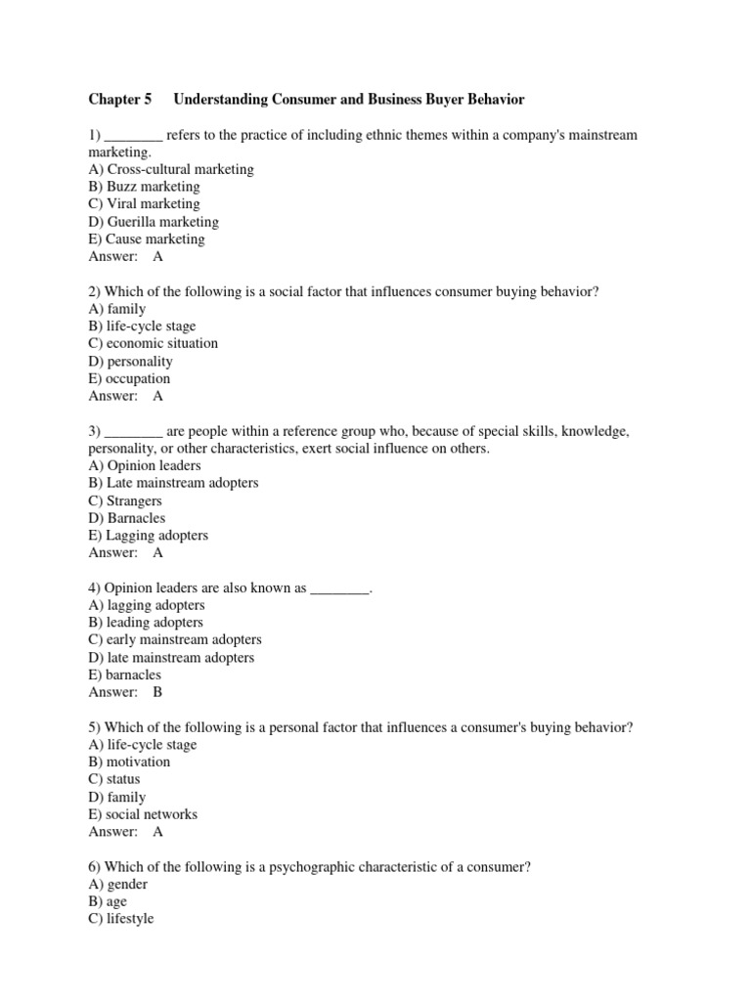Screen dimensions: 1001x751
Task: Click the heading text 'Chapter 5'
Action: tap(120, 100)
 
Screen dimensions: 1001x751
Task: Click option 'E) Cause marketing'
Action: tap(147, 239)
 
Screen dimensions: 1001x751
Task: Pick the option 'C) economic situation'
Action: tap(154, 344)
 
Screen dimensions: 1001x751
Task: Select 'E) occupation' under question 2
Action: tap(129, 379)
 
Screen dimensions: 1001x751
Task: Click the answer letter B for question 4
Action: tap(158, 693)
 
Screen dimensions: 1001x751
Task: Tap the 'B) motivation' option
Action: tap(129, 762)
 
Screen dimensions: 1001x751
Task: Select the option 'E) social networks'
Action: tap(143, 815)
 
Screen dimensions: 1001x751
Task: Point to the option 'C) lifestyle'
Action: tap(121, 920)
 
